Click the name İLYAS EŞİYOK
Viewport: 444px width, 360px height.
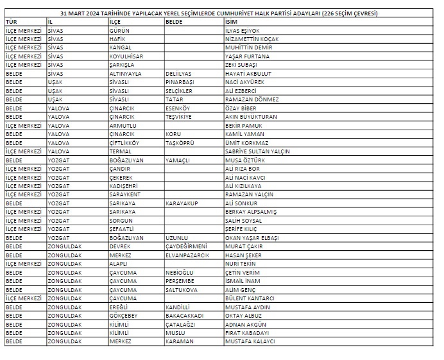243,30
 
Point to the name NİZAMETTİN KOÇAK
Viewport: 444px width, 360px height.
252,39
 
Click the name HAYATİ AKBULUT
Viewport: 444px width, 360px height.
248,73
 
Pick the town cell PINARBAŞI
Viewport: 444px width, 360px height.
180,82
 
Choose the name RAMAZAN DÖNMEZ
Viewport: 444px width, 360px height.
252,99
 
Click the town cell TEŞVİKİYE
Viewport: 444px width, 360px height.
180,117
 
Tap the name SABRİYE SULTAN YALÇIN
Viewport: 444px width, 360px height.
257,151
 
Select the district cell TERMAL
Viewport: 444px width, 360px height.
121,151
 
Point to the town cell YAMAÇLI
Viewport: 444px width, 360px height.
178,160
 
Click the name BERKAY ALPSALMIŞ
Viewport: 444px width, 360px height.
251,212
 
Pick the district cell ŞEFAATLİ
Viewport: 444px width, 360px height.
123,229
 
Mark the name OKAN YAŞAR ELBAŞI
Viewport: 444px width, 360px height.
252,237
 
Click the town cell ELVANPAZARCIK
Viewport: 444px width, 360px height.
187,255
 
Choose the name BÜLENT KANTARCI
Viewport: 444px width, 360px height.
251,298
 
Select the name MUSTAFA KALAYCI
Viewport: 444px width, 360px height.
250,341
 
